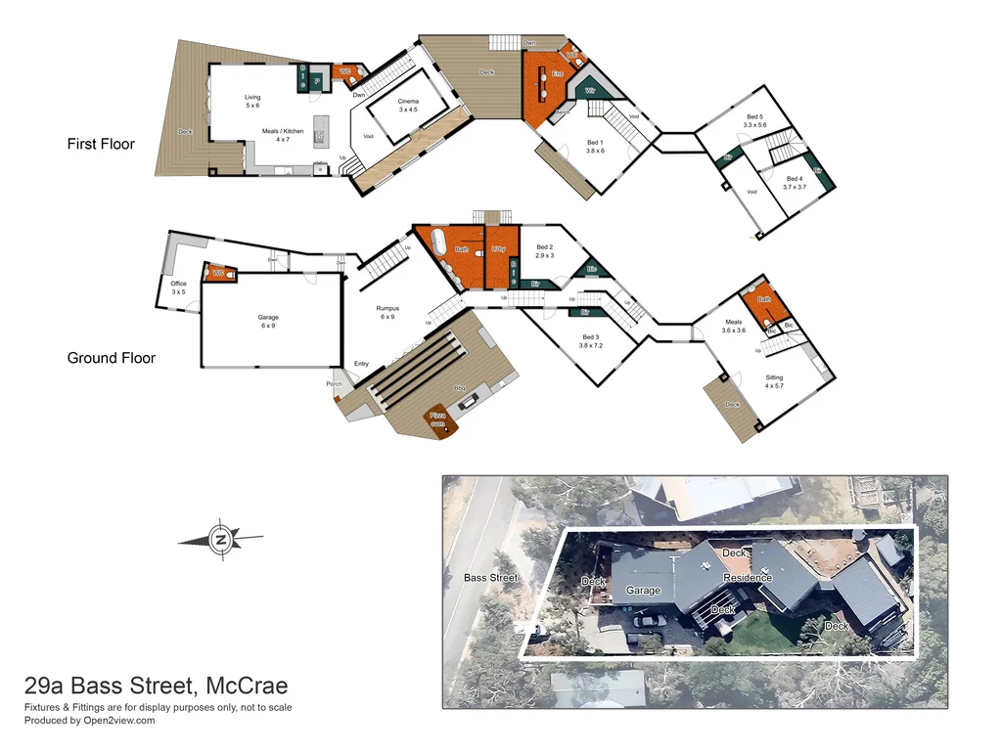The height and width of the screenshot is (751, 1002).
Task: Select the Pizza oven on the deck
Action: pyautogui.click(x=438, y=420)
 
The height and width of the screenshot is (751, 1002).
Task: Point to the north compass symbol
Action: pyautogui.click(x=221, y=539)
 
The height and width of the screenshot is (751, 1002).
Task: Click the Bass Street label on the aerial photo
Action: pyautogui.click(x=490, y=578)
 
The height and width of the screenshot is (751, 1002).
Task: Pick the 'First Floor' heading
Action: pyautogui.click(x=101, y=144)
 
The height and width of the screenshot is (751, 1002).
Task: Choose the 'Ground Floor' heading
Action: pyautogui.click(x=111, y=358)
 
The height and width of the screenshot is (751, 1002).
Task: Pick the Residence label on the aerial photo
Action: pyautogui.click(x=748, y=578)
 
